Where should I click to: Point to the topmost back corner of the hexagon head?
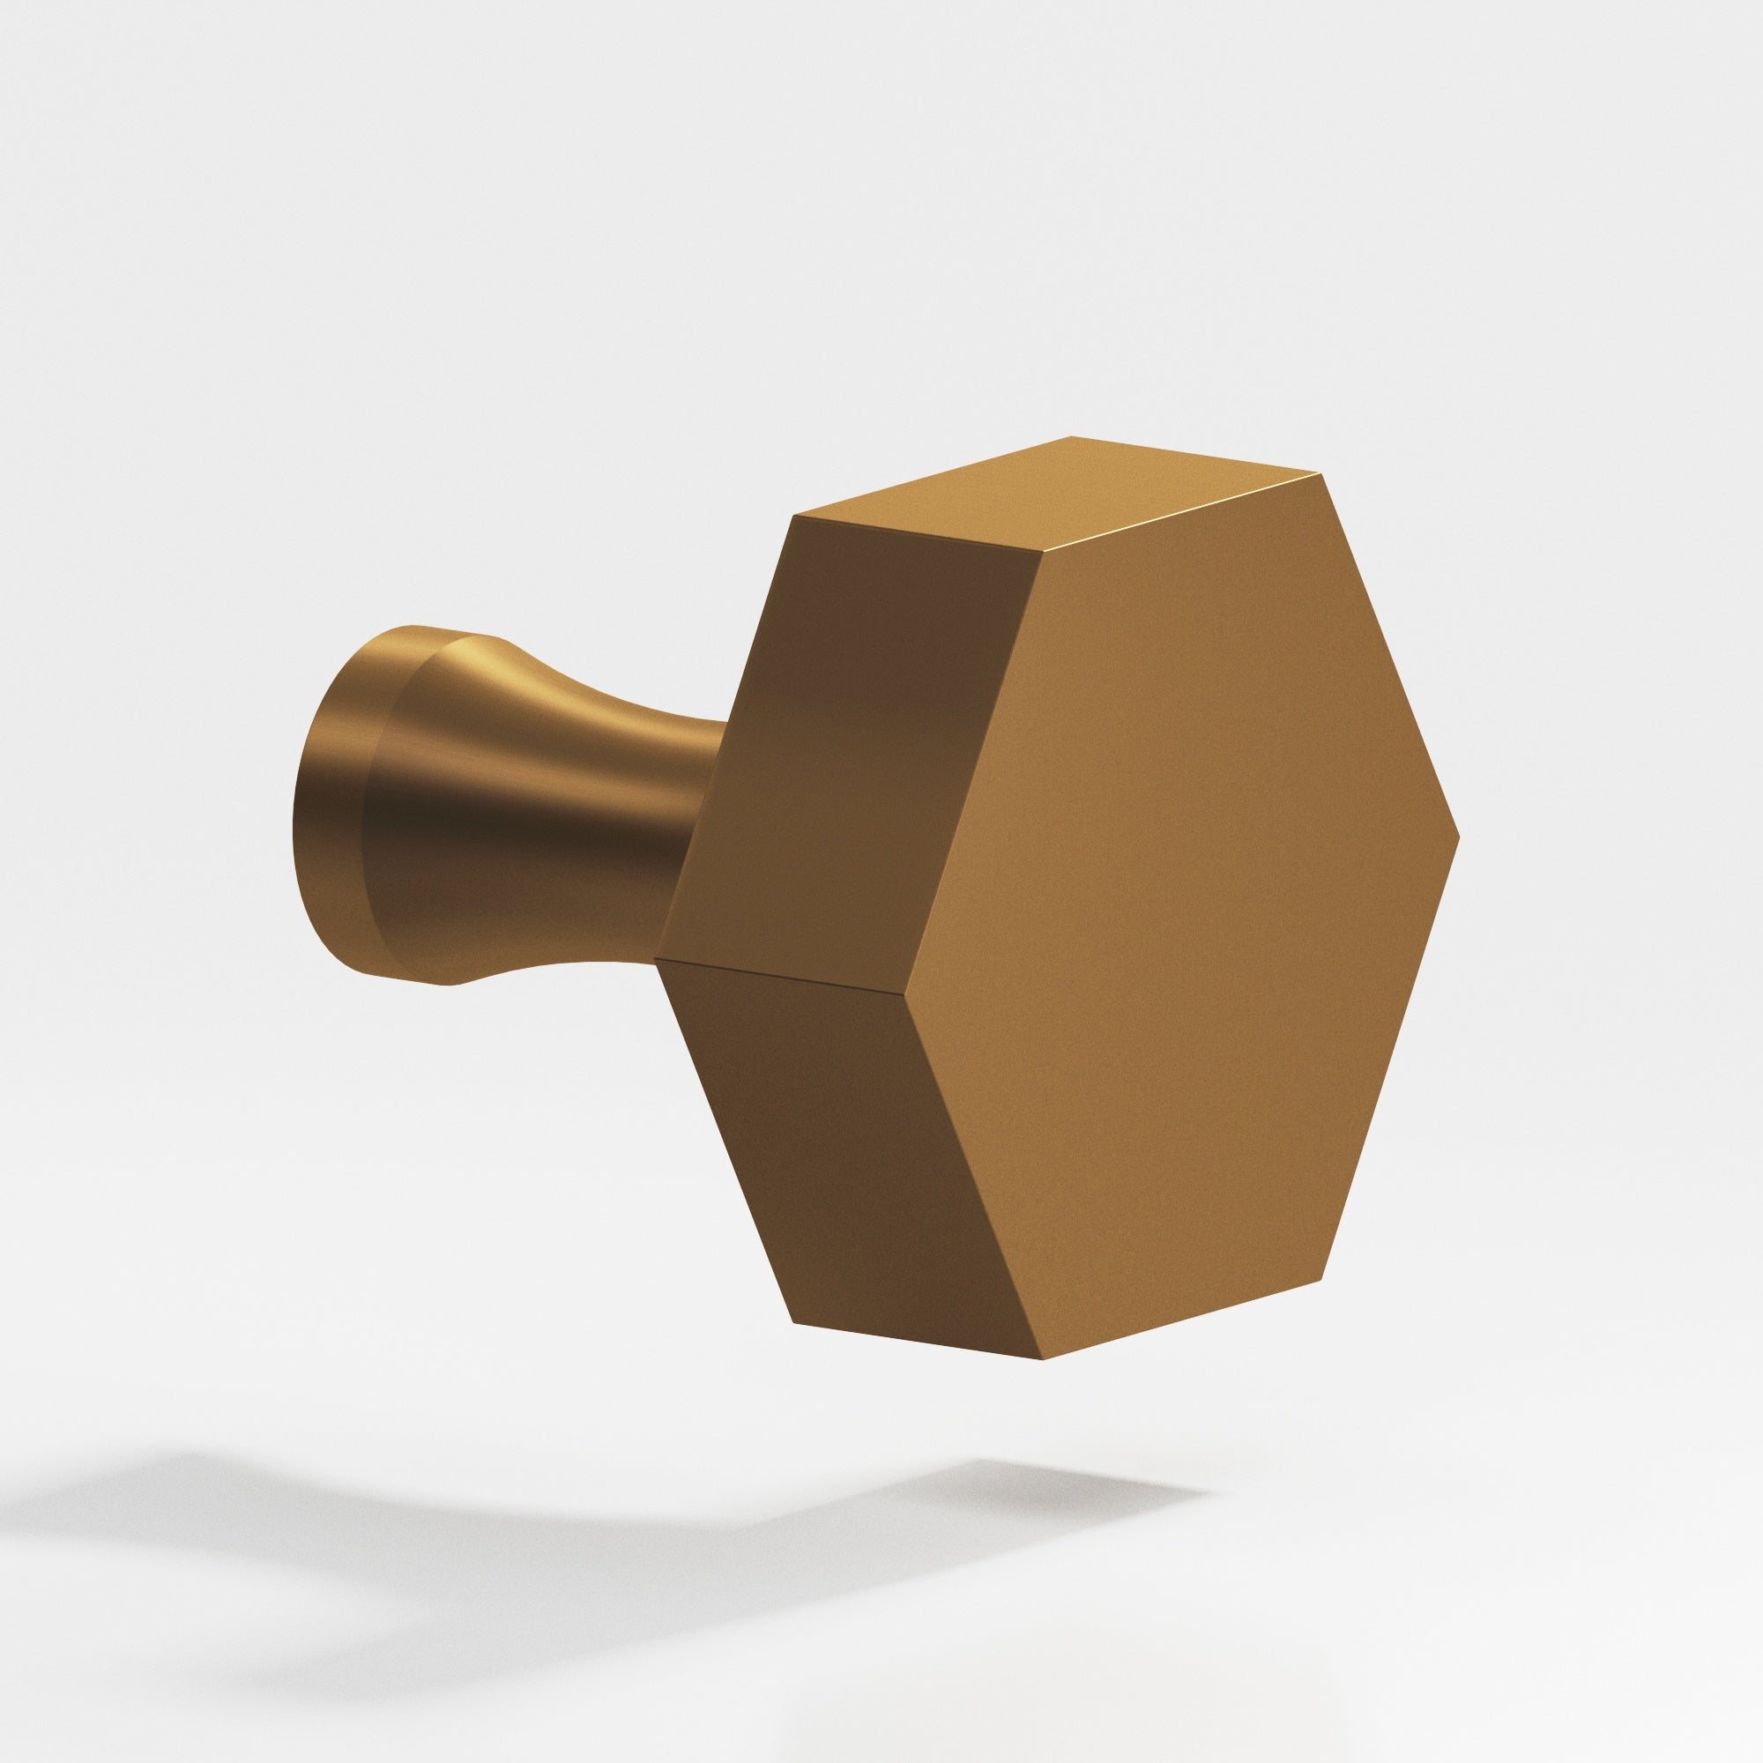tap(1070, 437)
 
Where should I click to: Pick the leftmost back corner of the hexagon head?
tap(656, 960)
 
